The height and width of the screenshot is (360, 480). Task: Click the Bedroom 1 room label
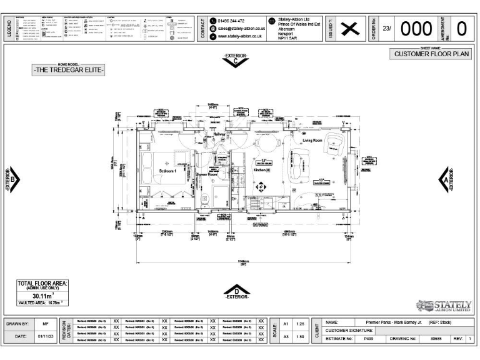pos(167,171)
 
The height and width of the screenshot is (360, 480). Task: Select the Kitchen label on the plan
pos(242,169)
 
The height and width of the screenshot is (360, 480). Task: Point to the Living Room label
pos(316,141)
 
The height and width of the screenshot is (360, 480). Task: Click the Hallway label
pos(220,134)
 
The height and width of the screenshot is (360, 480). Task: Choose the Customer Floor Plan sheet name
pos(431,54)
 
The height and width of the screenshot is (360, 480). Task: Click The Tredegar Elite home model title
pos(69,70)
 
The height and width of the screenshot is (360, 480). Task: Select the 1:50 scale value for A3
pos(301,337)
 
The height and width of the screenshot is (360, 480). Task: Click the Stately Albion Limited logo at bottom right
pos(447,306)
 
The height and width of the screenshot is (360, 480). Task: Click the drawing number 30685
pos(436,338)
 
